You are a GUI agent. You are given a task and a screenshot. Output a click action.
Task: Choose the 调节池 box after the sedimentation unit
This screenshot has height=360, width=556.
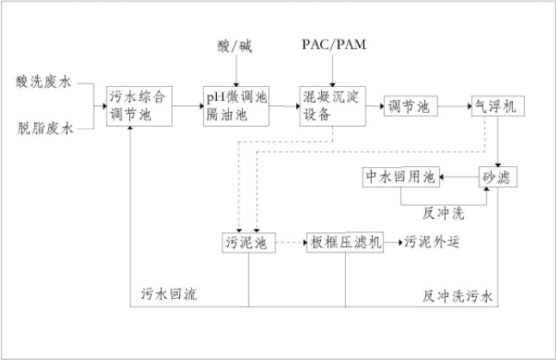pos(409,105)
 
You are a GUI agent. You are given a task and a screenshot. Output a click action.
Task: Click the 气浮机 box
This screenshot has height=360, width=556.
pos(497,105)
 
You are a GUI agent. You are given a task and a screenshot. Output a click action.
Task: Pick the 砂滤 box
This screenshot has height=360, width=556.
pos(497,177)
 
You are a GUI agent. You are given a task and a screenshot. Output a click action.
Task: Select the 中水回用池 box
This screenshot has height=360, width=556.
pos(399,177)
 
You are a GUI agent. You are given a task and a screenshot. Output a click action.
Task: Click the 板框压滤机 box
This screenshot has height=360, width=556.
pos(346,243)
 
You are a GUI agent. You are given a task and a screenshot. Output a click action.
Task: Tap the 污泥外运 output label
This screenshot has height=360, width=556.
pos(433,243)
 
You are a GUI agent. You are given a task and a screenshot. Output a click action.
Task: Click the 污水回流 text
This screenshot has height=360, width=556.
pos(170,295)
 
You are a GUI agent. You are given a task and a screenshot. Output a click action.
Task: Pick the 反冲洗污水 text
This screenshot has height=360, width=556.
pos(458,295)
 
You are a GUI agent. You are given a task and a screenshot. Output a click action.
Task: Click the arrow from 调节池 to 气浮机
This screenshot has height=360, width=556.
pos(454,105)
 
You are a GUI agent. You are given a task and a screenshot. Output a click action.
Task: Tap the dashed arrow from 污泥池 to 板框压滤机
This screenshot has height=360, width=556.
pos(292,243)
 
